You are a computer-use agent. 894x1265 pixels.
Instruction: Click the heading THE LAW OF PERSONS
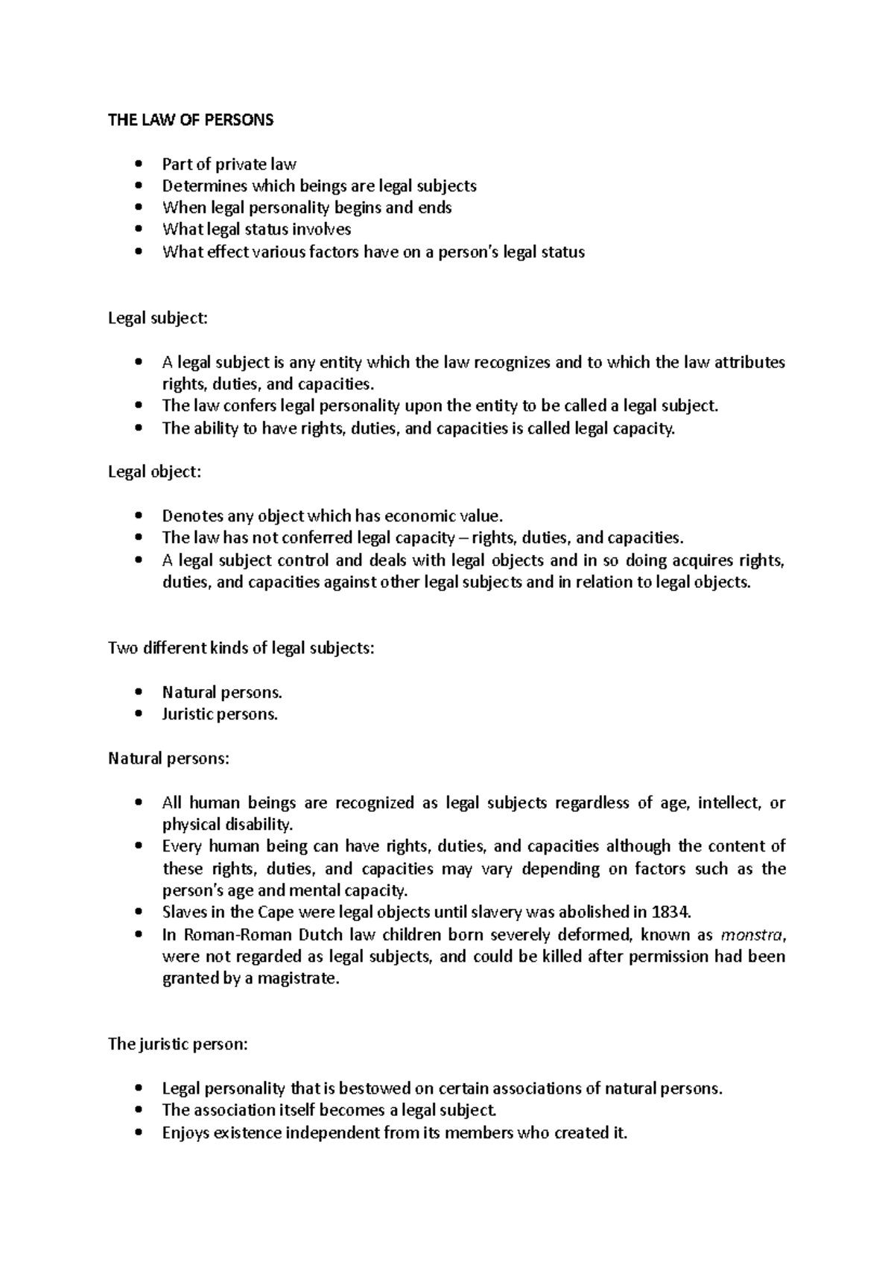click(191, 120)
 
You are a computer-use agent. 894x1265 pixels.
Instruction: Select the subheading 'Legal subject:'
click(158, 318)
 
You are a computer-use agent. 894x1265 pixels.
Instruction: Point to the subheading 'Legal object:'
click(154, 472)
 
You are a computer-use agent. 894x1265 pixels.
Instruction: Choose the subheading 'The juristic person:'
click(177, 1044)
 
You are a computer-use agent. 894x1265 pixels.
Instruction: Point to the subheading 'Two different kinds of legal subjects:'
click(241, 647)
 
